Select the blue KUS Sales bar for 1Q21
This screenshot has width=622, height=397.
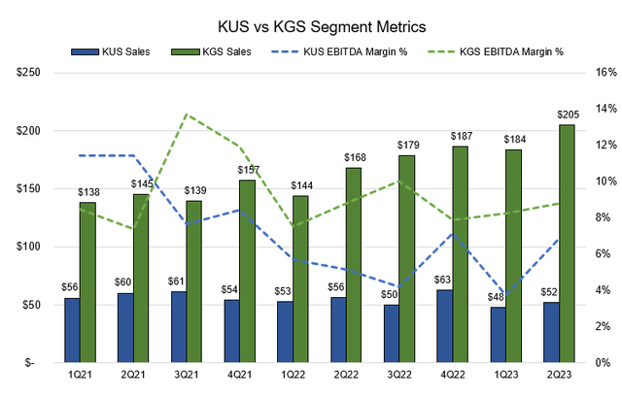(x=71, y=330)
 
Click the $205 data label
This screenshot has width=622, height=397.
(x=566, y=116)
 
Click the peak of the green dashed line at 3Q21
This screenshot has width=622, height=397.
(x=187, y=115)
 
